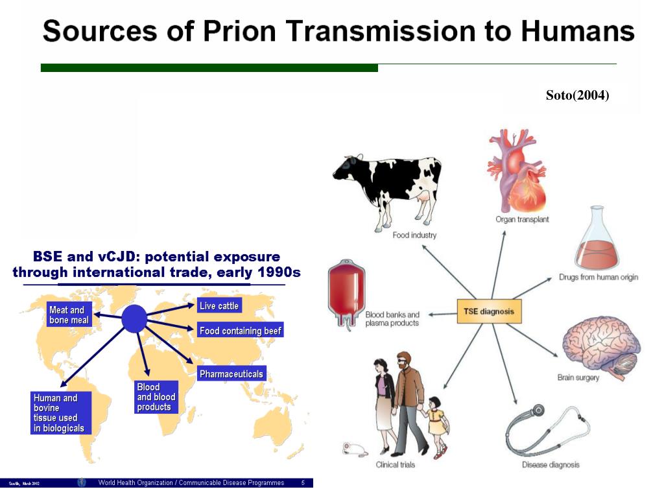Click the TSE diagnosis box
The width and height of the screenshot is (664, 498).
coord(488,311)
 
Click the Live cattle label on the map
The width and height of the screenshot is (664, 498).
coord(219,306)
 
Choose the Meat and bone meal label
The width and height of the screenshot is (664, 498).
coord(69,315)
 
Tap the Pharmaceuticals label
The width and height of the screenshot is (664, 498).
coord(231,374)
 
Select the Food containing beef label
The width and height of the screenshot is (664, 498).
coord(241,331)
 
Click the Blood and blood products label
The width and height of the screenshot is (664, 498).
coord(156,397)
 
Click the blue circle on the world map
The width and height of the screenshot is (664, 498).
coord(134,319)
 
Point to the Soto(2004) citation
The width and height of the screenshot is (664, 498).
coord(577,96)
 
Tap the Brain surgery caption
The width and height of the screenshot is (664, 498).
coord(578,377)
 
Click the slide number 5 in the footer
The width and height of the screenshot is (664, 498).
coord(303,483)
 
